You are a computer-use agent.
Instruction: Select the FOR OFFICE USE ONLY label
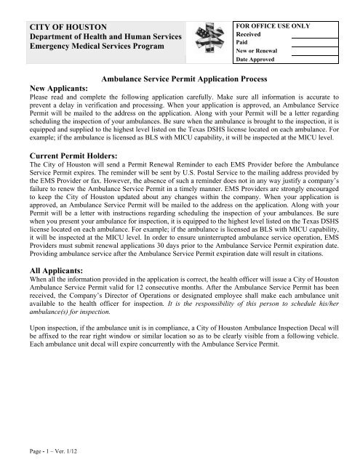coord(271,25)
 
